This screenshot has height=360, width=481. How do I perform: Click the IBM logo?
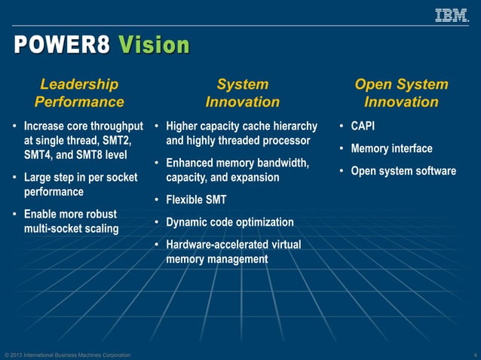click(452, 14)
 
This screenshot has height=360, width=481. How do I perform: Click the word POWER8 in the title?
click(61, 45)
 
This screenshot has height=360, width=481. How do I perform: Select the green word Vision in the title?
click(154, 45)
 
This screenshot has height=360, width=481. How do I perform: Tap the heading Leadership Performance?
click(79, 93)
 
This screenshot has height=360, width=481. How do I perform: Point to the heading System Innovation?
click(242, 93)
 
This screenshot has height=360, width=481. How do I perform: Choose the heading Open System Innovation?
click(401, 93)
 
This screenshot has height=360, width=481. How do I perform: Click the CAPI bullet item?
click(363, 126)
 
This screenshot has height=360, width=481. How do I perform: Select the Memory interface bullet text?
click(391, 148)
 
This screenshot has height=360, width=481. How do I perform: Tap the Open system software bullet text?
click(403, 171)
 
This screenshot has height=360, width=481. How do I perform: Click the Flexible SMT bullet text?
click(196, 200)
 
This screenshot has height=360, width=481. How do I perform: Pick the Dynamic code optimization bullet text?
click(230, 222)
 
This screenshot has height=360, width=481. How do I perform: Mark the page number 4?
click(475, 355)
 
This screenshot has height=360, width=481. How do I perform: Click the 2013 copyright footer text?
click(67, 355)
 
